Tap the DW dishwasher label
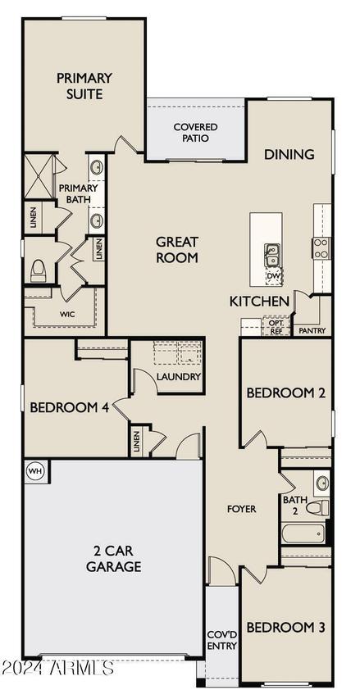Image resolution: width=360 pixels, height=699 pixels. pyautogui.click(x=272, y=278)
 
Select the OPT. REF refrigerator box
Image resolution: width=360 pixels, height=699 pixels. pyautogui.click(x=276, y=325)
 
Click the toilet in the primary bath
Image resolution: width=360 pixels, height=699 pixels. pyautogui.click(x=38, y=270)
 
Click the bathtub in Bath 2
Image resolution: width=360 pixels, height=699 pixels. pyautogui.click(x=304, y=533)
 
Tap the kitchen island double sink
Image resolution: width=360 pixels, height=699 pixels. pyautogui.click(x=271, y=256)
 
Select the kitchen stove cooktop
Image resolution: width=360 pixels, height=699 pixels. pyautogui.click(x=321, y=248)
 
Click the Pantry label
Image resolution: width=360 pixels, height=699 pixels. pyautogui.click(x=312, y=331)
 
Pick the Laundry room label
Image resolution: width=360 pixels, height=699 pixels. pyautogui.click(x=179, y=377)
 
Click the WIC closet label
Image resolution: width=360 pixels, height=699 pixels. pyautogui.click(x=67, y=314)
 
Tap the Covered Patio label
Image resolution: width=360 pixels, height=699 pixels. pyautogui.click(x=196, y=133)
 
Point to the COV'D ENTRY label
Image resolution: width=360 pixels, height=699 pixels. pyautogui.click(x=222, y=640)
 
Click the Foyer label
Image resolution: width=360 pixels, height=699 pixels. pyautogui.click(x=242, y=509)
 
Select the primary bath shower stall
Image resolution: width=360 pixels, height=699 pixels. pyautogui.click(x=39, y=176)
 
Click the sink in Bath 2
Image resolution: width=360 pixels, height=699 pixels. pyautogui.click(x=321, y=483)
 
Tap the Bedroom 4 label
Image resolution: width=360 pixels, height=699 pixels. pyautogui.click(x=70, y=407)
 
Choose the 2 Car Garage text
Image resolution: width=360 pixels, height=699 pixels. pyautogui.click(x=114, y=559)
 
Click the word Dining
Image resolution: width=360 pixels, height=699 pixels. pyautogui.click(x=289, y=154)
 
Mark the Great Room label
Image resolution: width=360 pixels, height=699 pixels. pyautogui.click(x=177, y=250)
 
